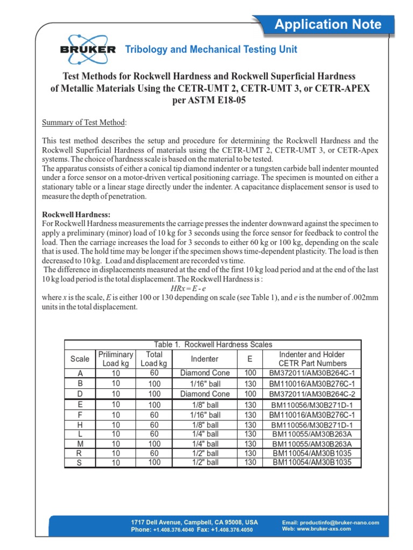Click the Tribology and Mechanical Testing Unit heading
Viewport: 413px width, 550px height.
click(211, 49)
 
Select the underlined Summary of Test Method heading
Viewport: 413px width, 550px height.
click(84, 122)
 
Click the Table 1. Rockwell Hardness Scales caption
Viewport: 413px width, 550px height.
click(213, 345)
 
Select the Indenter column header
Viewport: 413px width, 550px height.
click(204, 359)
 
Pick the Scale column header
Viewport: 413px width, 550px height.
click(80, 359)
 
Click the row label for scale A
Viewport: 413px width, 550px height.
click(80, 373)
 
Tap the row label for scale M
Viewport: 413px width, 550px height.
click(80, 444)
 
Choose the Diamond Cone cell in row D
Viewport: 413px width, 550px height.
click(204, 394)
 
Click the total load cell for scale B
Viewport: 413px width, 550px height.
click(154, 384)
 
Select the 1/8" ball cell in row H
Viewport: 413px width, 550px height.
click(204, 425)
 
